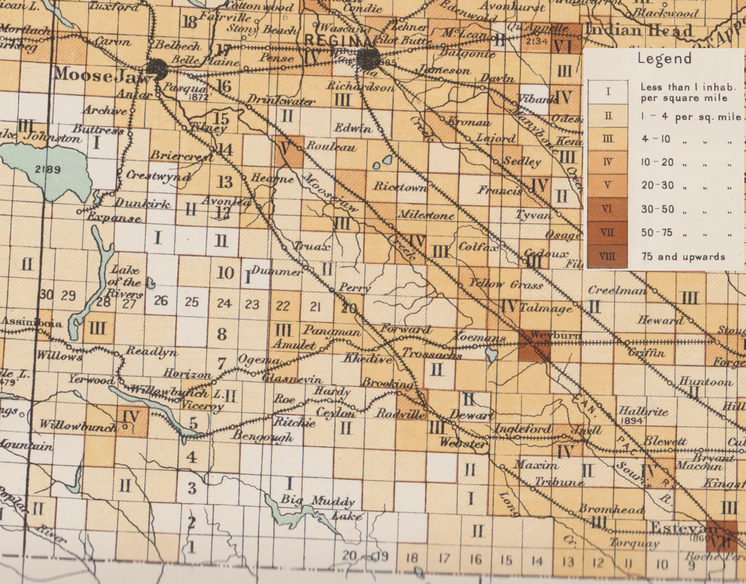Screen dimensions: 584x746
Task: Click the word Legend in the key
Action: pos(664,59)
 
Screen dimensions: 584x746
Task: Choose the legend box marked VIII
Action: pos(607,257)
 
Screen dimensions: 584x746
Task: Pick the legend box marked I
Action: pos(607,92)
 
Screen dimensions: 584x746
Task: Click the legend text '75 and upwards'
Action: pos(683,257)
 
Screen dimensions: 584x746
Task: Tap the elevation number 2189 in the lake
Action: pos(48,170)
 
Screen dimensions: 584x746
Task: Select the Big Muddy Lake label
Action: pos(320,507)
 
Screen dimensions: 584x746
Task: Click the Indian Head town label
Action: pos(639,30)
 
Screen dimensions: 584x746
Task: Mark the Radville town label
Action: pos(401,414)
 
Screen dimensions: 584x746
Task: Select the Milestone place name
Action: pos(426,215)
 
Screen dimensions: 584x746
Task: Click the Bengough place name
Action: pos(262,436)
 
